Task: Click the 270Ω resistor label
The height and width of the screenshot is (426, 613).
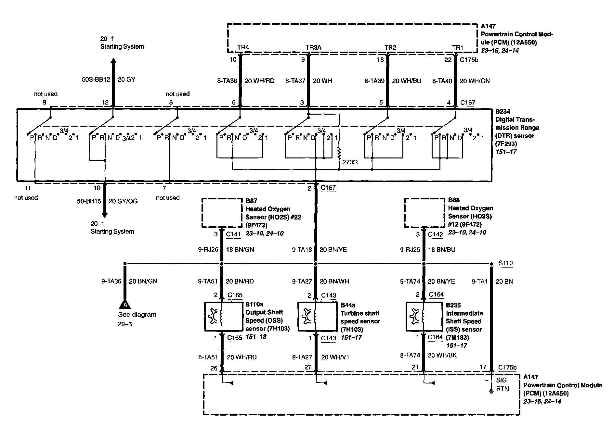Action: (350, 162)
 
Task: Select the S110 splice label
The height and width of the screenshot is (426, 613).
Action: (506, 263)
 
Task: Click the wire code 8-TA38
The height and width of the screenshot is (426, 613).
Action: (227, 81)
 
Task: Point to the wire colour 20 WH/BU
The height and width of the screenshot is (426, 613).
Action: (407, 81)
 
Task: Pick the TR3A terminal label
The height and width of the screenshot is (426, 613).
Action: (313, 47)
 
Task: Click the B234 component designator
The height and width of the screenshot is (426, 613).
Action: (503, 111)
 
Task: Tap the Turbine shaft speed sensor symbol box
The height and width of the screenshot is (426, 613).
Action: (318, 317)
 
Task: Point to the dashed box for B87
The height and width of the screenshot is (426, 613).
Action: (222, 213)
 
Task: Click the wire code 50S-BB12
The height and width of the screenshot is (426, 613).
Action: (96, 80)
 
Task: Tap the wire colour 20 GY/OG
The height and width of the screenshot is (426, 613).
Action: (123, 201)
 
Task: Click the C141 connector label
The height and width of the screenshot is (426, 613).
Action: (233, 234)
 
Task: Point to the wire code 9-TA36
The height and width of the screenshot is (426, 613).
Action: (111, 281)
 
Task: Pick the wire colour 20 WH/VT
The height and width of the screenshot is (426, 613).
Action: (336, 357)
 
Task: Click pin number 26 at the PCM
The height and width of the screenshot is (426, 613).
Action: (214, 368)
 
